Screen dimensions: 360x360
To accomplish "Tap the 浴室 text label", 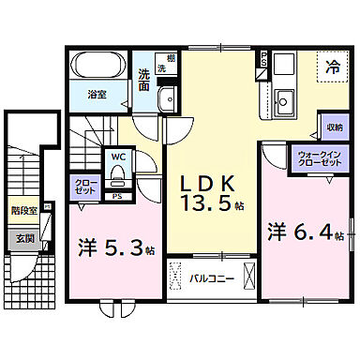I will [97, 96].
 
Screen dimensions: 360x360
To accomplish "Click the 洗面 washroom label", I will [144, 80].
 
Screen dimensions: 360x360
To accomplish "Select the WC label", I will [120, 157].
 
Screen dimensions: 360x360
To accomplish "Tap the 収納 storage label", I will [334, 127].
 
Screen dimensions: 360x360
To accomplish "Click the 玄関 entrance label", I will [23, 238].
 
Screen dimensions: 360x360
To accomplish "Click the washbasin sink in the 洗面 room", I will [168, 101].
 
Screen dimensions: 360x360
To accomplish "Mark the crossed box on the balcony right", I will [247, 278].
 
